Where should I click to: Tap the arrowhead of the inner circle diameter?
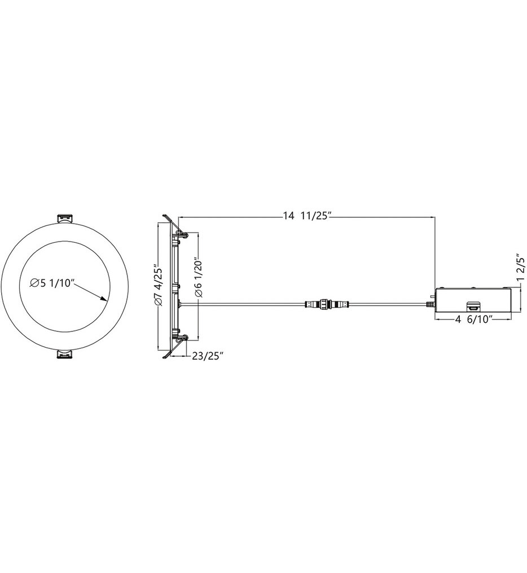click(x=104, y=299)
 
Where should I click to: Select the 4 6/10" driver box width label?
click(x=472, y=320)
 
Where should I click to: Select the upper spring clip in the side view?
click(x=181, y=233)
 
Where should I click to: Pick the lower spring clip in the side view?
click(x=181, y=340)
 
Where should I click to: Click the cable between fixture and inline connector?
click(x=243, y=304)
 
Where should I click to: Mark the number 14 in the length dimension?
click(x=289, y=215)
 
